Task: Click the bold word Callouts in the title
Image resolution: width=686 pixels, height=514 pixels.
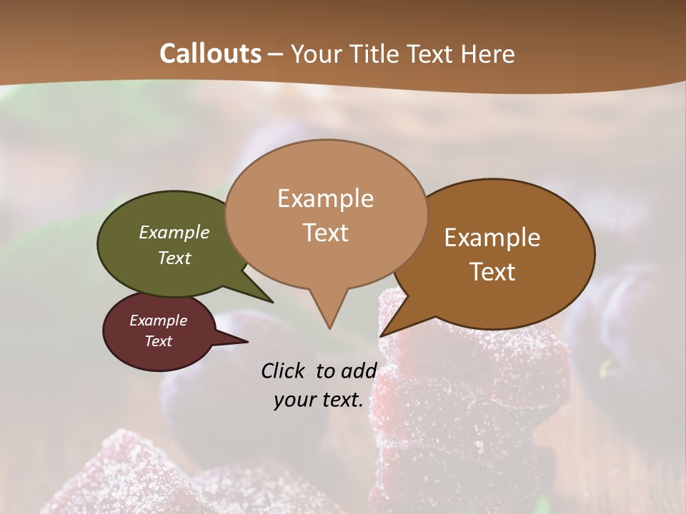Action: click(x=210, y=54)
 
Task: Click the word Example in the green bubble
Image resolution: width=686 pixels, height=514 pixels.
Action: click(x=174, y=233)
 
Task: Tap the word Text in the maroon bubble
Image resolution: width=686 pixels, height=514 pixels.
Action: click(x=159, y=341)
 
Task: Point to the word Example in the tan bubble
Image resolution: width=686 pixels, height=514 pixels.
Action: click(x=325, y=198)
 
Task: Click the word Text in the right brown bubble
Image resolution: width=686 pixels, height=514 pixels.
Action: click(x=493, y=272)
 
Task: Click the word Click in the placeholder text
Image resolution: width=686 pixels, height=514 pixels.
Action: click(x=284, y=371)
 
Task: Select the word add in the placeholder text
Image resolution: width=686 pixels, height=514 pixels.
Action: click(x=359, y=371)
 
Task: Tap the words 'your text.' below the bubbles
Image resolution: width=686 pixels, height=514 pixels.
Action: click(x=319, y=400)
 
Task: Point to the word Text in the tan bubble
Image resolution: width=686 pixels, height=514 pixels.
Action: click(x=325, y=233)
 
